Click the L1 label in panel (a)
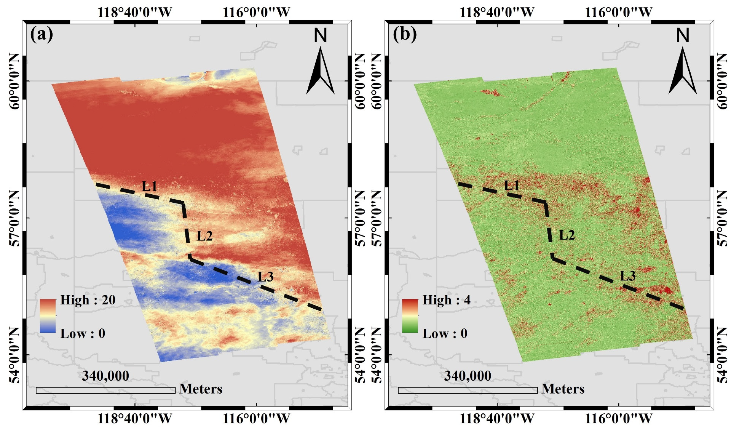coord(149,186)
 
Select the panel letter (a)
coord(42,34)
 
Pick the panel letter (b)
coord(405,34)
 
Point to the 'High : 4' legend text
coord(446,300)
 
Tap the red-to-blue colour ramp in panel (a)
coord(48,316)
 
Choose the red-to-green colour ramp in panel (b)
coord(410,316)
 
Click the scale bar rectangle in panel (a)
coord(106,390)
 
